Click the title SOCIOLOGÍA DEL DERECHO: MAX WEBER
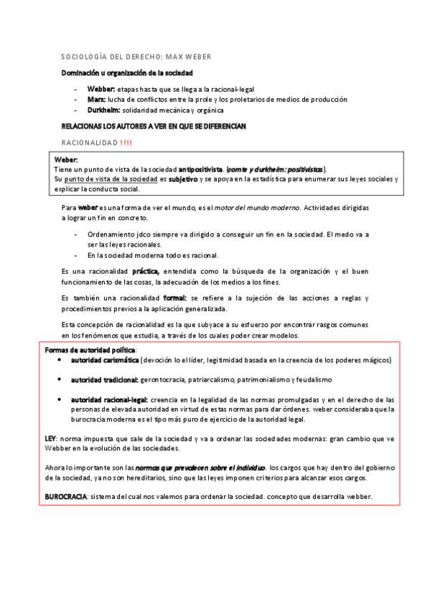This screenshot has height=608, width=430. pyautogui.click(x=135, y=56)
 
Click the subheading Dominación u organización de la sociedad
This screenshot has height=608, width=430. pyautogui.click(x=126, y=74)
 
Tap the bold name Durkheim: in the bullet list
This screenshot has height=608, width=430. pyautogui.click(x=103, y=110)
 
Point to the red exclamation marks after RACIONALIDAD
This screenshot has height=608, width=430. pyautogui.click(x=126, y=142)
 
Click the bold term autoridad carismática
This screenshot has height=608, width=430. pyautogui.click(x=105, y=359)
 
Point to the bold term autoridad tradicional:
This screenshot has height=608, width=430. pyautogui.click(x=105, y=379)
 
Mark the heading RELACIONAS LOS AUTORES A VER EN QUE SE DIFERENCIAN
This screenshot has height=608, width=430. pyautogui.click(x=154, y=126)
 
